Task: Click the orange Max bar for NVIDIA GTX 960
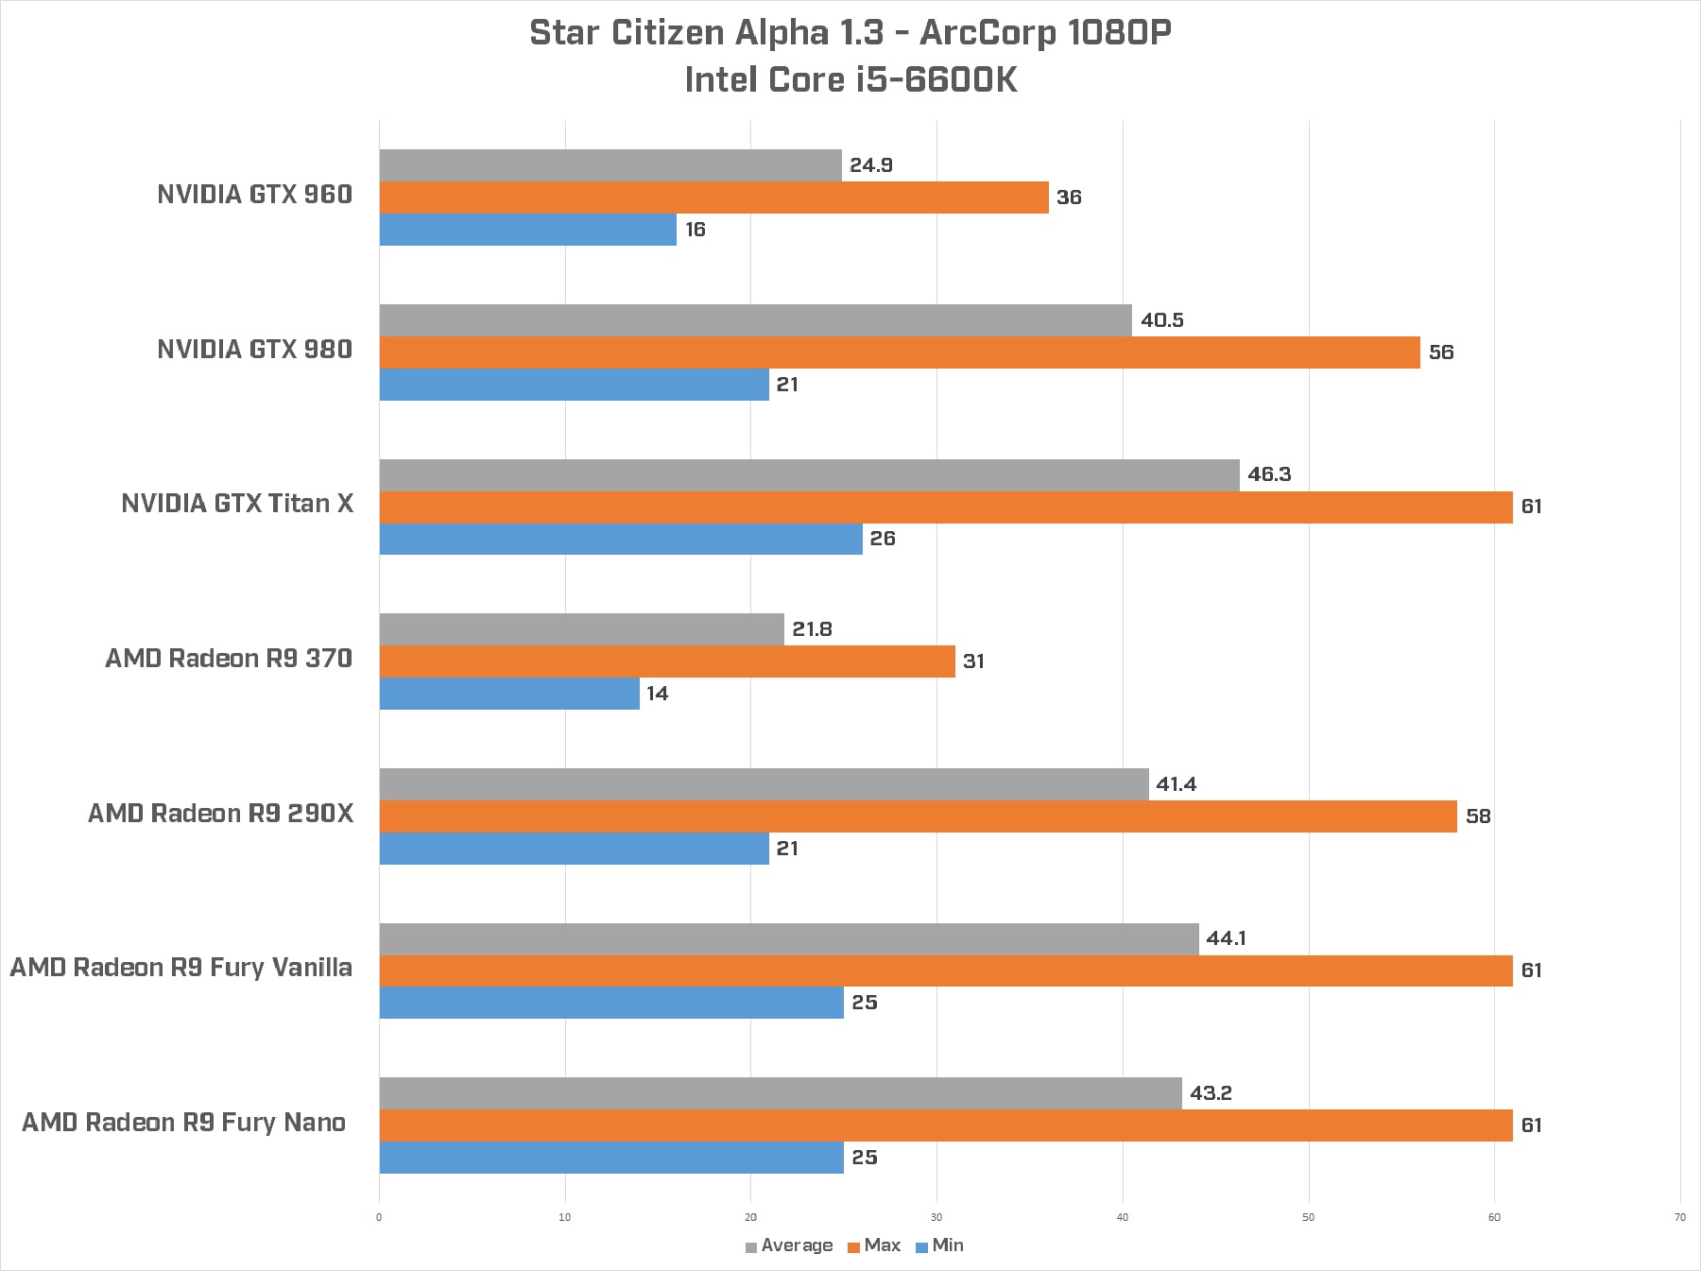click(x=713, y=198)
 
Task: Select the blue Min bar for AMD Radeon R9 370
click(x=509, y=694)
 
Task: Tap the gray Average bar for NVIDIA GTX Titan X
click(x=809, y=475)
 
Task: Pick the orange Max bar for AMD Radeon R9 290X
click(x=918, y=816)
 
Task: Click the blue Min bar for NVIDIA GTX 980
click(x=574, y=385)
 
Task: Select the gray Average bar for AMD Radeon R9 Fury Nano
click(x=781, y=1093)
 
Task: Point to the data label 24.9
click(x=870, y=165)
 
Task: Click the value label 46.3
click(x=1268, y=474)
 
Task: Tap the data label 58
click(x=1477, y=816)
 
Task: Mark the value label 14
click(x=657, y=694)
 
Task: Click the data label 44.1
click(x=1226, y=938)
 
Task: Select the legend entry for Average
click(x=789, y=1245)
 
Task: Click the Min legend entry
click(x=940, y=1245)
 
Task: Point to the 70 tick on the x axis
click(x=1679, y=1217)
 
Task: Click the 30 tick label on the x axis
click(x=936, y=1217)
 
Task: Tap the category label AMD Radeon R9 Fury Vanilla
click(x=181, y=968)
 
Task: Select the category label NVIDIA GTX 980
click(x=254, y=350)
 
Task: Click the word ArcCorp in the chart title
click(x=988, y=33)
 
